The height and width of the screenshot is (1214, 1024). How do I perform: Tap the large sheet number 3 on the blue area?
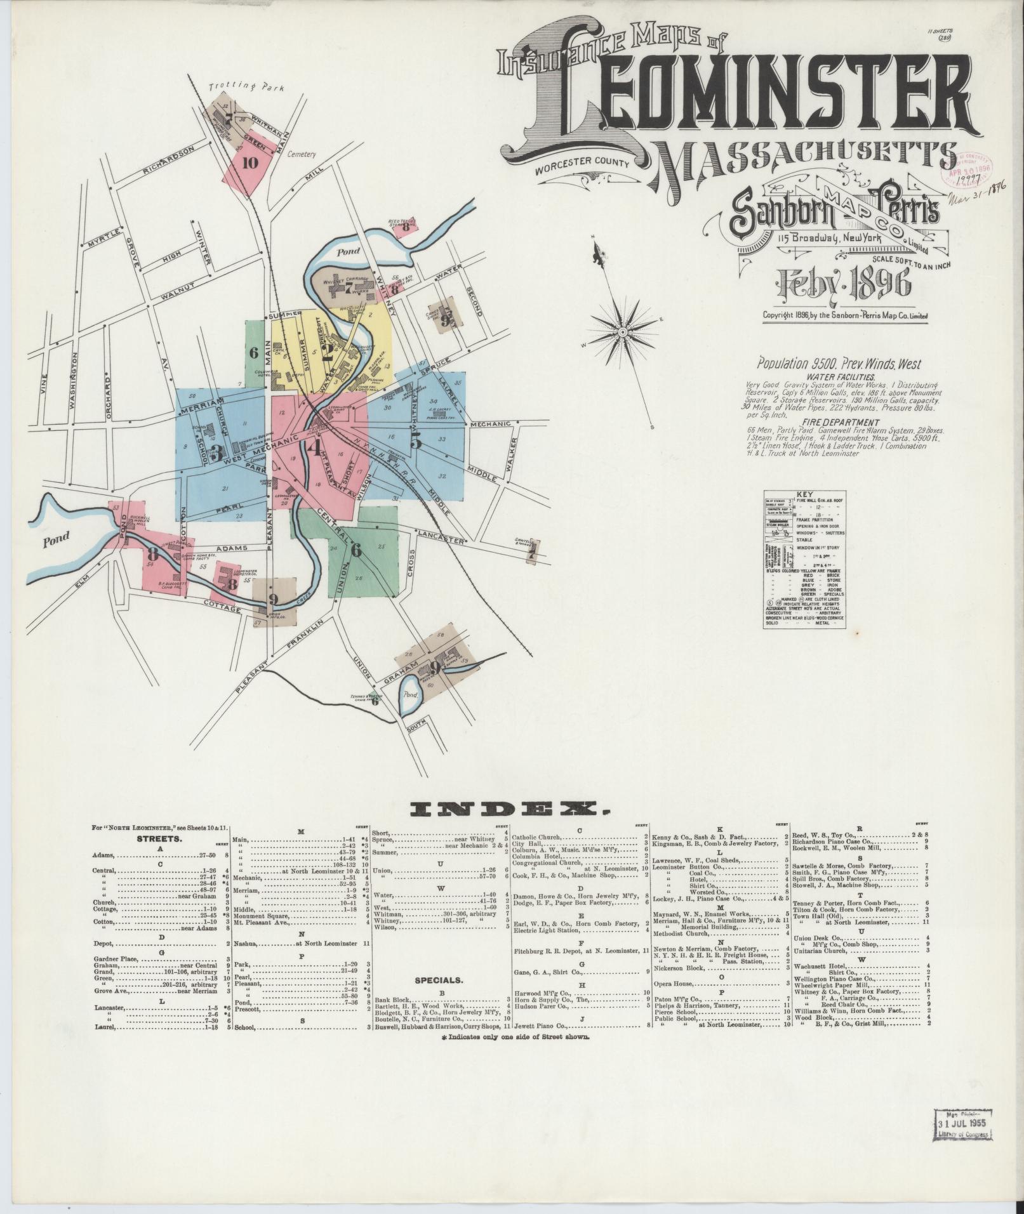click(x=216, y=452)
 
